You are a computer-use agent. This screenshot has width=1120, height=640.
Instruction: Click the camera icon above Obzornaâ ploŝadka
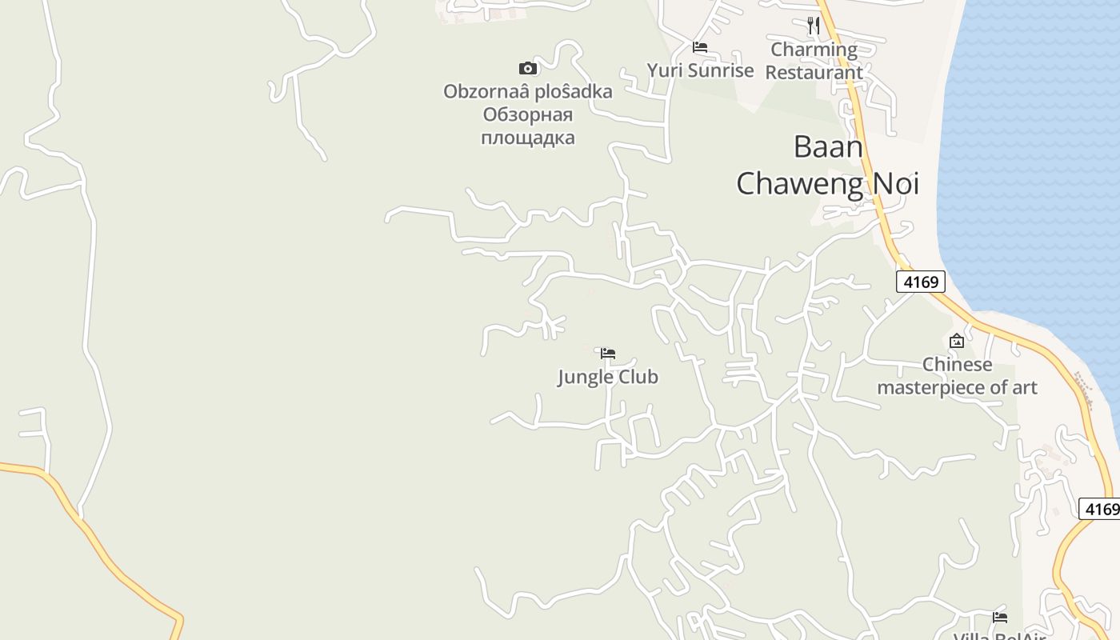point(528,68)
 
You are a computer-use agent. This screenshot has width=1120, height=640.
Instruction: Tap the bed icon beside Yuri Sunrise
point(700,47)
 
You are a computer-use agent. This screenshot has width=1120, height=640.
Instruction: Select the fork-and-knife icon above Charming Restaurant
point(814,26)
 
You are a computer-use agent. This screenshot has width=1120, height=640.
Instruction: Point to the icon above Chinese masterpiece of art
point(956,341)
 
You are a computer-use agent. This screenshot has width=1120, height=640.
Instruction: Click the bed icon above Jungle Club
point(608,353)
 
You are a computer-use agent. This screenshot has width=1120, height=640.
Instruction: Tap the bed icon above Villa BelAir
point(999,617)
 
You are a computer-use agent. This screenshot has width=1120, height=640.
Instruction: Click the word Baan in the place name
point(828,147)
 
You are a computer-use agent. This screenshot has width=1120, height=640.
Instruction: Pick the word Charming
point(814,50)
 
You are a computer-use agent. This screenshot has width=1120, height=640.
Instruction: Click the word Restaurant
point(814,72)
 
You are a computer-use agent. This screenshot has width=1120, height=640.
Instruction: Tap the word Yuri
point(663,70)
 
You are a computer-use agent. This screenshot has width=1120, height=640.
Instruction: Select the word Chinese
point(957,365)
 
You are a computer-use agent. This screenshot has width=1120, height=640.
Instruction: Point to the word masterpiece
point(933,388)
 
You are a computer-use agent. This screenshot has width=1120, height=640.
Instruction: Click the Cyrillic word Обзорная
point(528,114)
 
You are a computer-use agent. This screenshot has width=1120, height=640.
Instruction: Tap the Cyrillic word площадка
point(528,138)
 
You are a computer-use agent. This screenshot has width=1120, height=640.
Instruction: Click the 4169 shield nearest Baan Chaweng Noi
point(920,282)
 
